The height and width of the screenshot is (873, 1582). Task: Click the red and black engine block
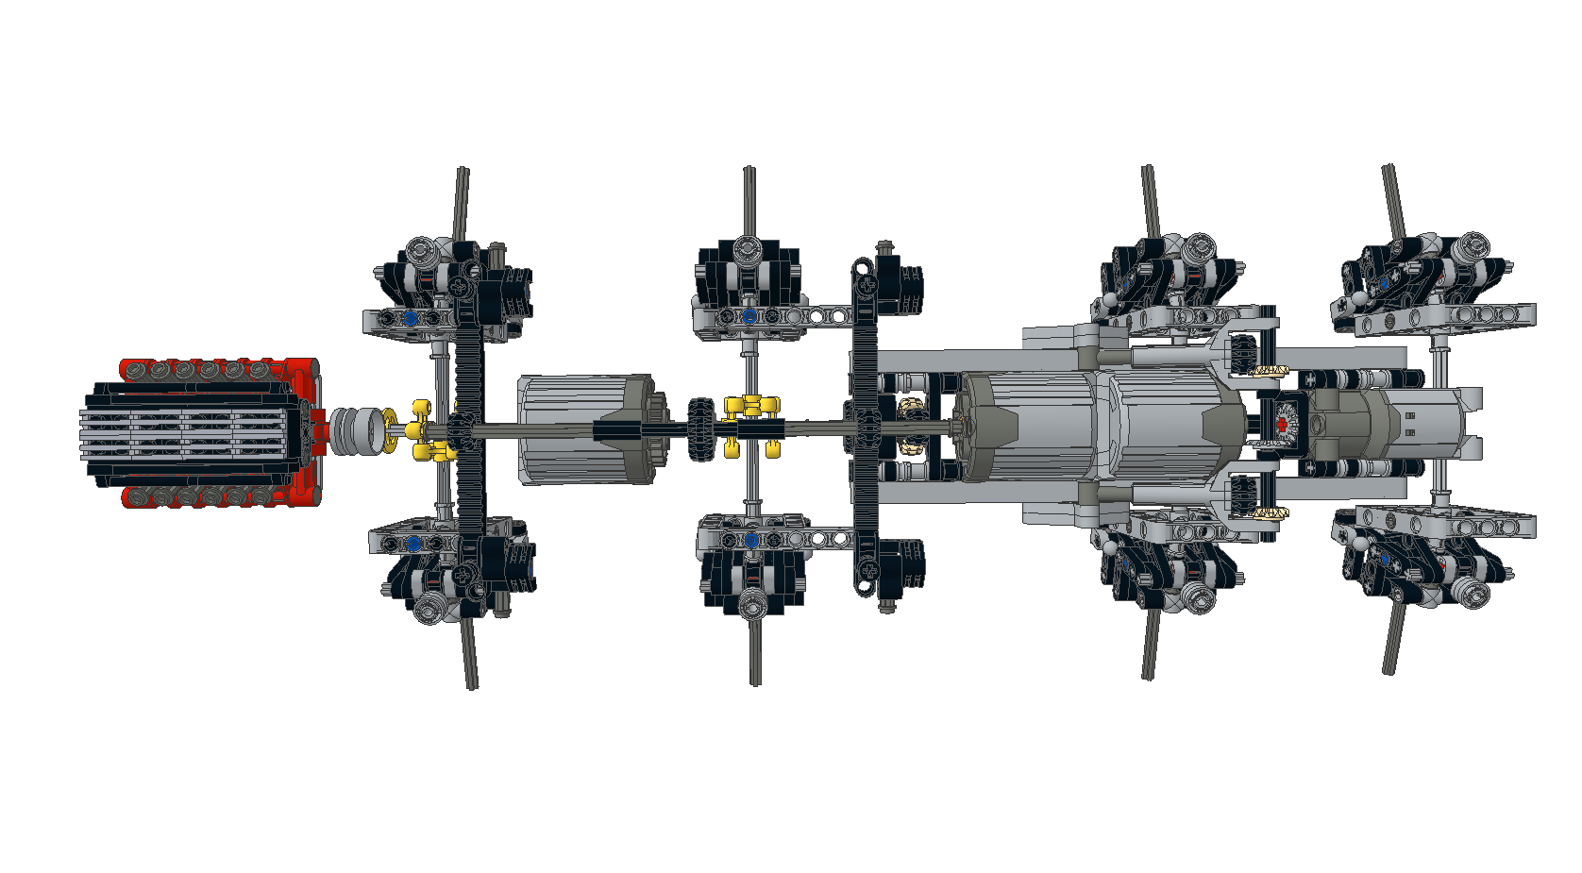pyautogui.click(x=198, y=432)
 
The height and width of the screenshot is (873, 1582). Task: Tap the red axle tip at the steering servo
pyautogui.click(x=1282, y=426)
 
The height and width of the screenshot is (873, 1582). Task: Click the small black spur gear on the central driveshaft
pyautogui.click(x=700, y=429)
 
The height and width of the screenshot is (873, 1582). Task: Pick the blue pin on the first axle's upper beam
pyautogui.click(x=410, y=319)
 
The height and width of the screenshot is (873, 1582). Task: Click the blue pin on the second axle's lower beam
pyautogui.click(x=751, y=540)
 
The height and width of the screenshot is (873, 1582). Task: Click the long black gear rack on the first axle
pyautogui.click(x=469, y=425)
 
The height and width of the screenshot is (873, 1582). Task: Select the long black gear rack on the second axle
pyautogui.click(x=867, y=425)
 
